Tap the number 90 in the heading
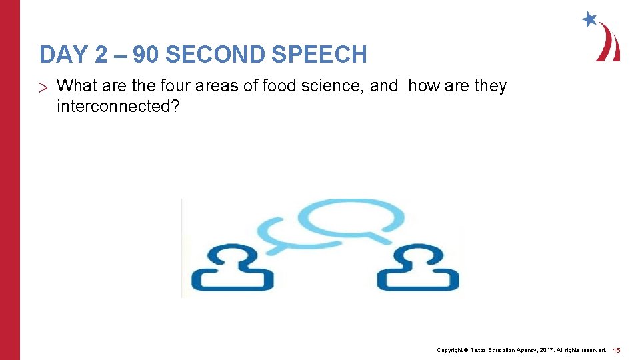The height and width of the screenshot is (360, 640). click(x=145, y=55)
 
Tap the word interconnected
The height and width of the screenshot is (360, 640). click(x=114, y=106)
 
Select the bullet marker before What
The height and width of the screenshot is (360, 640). click(x=44, y=87)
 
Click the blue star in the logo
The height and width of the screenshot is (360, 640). click(x=589, y=19)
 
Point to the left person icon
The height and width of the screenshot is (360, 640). click(x=232, y=268)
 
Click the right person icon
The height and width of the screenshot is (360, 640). click(x=418, y=268)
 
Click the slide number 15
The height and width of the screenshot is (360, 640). click(x=617, y=350)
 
